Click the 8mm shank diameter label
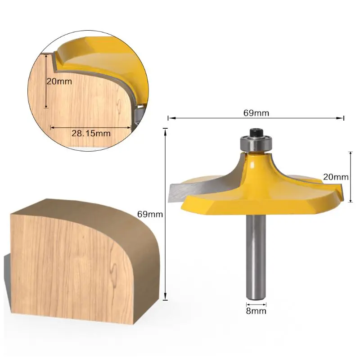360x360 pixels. (256, 311)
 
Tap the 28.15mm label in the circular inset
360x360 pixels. (91, 133)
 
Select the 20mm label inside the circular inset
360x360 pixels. (59, 81)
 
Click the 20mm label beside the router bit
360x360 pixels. (336, 177)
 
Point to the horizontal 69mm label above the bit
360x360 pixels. (256, 113)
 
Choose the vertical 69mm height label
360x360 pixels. (150, 214)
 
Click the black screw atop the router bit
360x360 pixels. (256, 132)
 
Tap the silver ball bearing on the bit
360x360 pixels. (256, 143)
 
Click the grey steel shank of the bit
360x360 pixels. (256, 257)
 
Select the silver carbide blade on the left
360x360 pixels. (184, 192)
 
